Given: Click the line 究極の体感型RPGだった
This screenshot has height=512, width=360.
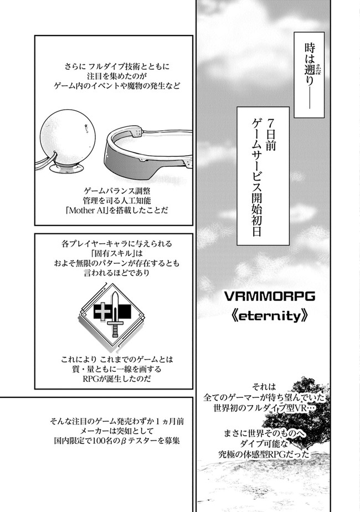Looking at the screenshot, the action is (x=264, y=454).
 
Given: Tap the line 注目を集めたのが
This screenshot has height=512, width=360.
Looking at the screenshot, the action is (x=113, y=76).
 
